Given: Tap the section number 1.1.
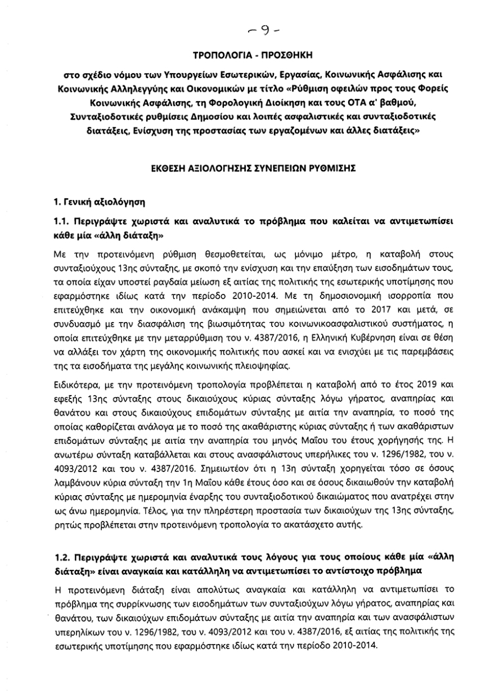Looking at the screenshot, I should [63, 218].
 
